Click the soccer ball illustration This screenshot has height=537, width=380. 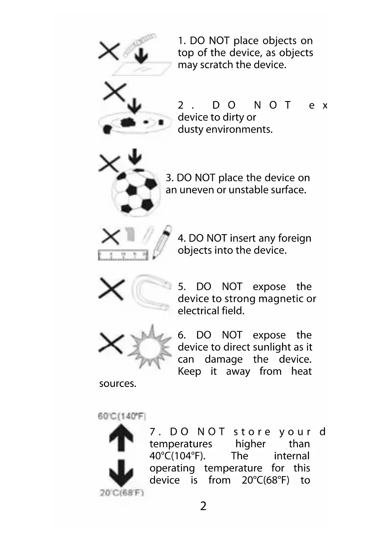coord(136,192)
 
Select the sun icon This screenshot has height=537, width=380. coord(150,347)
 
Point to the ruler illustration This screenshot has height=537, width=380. coord(123,255)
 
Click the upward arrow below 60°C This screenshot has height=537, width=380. coord(121,437)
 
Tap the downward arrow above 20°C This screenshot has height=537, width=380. coord(121,473)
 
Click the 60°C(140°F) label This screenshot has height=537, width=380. coord(122,416)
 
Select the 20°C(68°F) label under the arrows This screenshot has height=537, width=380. coord(122,493)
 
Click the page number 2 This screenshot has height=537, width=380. coord(203,506)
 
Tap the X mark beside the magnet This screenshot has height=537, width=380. coord(111,289)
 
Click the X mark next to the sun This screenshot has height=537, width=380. coord(111,343)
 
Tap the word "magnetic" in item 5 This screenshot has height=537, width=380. coord(276,299)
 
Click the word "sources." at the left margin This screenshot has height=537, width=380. coord(118,384)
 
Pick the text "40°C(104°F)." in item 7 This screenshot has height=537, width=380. coord(178,456)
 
